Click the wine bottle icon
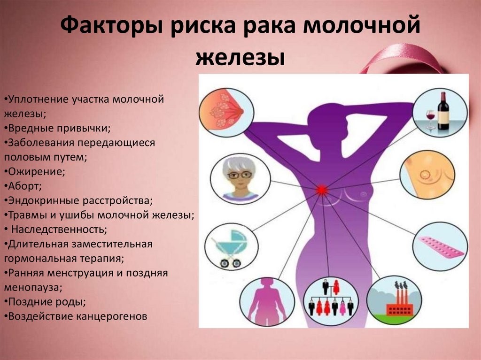pyautogui.click(x=443, y=111)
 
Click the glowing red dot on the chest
pyautogui.click(x=321, y=190)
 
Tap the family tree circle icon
pyautogui.click(x=331, y=300)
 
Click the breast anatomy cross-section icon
pyautogui.click(x=226, y=112)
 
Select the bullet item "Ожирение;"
pyautogui.click(x=35, y=172)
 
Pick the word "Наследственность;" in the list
pyautogui.click(x=59, y=230)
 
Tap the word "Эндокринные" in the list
pyautogui.click(x=44, y=201)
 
